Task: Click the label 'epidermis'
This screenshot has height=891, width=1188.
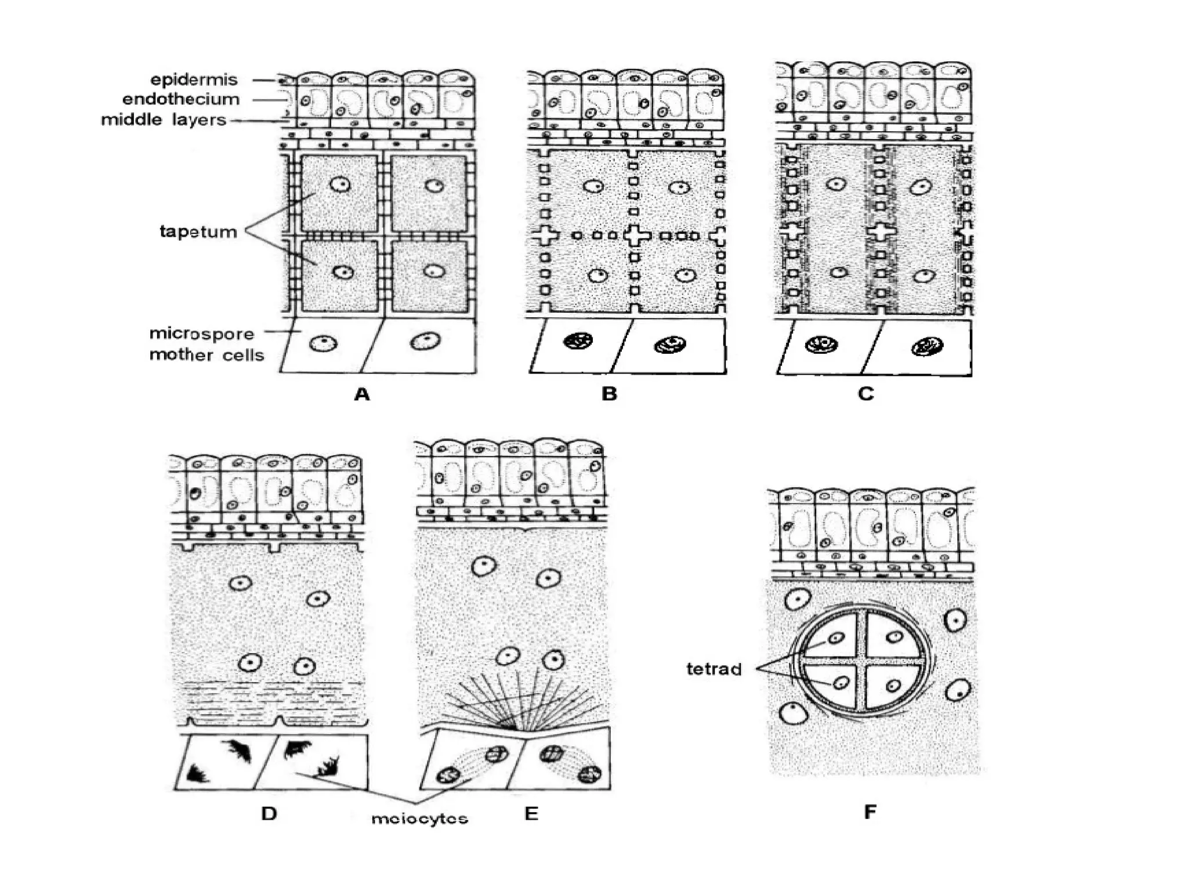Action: [194, 79]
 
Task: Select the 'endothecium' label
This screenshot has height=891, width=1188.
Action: [180, 99]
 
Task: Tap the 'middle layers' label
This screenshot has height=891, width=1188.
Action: [163, 120]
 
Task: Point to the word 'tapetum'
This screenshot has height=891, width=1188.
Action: [198, 231]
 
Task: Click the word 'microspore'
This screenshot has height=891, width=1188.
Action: [201, 334]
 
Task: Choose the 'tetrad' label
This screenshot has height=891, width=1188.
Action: [713, 669]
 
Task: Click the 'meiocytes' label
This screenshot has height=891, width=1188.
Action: [419, 818]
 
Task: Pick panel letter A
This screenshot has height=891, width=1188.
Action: [362, 394]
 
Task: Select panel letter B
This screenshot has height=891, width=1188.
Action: [609, 394]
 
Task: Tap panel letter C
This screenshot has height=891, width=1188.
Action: [865, 394]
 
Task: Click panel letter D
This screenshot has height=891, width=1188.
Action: [269, 813]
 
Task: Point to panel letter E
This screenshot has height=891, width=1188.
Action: [531, 813]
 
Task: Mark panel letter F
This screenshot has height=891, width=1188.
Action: [870, 812]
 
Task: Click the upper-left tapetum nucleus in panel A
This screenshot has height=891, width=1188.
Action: [339, 184]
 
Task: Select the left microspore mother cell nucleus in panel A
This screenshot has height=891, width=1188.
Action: [323, 343]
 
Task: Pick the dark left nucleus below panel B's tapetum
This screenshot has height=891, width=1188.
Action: [578, 341]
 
